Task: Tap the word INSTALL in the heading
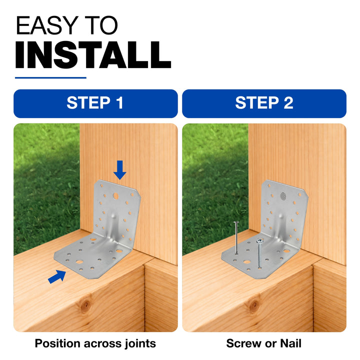point(93,55)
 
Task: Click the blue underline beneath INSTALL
point(50,78)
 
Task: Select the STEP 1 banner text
point(95,102)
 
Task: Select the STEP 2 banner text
point(264,102)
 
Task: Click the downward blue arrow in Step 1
point(119,170)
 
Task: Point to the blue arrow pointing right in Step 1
point(57,276)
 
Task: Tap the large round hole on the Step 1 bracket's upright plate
point(115,196)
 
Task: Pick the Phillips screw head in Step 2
point(259,241)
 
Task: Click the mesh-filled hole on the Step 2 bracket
point(283,196)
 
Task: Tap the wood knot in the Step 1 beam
point(86,304)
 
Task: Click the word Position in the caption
point(57,343)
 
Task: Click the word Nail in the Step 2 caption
point(290,343)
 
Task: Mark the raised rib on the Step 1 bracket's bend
point(113,227)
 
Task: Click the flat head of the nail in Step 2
point(236,222)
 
